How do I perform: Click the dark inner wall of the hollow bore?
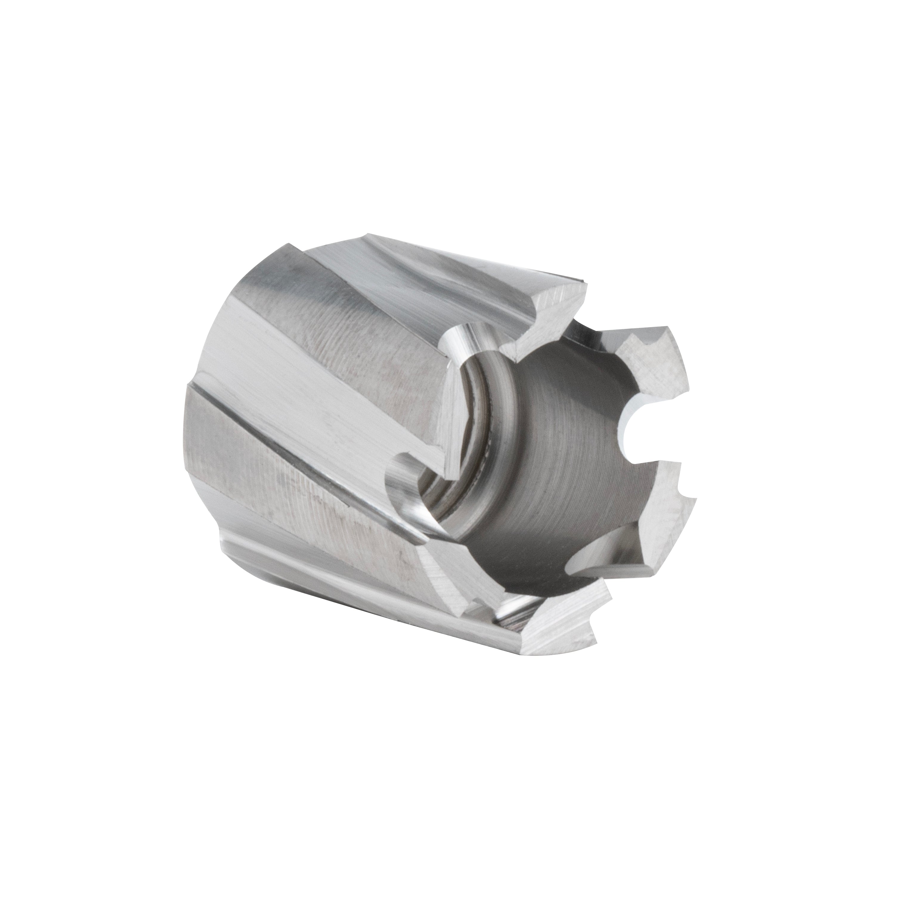[567, 473]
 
